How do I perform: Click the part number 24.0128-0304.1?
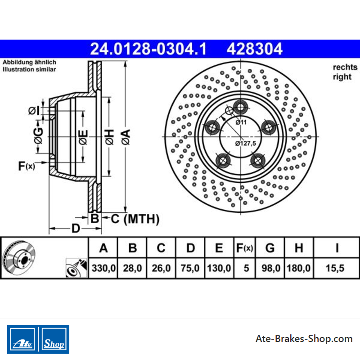coord(148,49)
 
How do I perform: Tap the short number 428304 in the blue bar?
coord(254,49)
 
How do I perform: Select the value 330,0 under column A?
coord(103,268)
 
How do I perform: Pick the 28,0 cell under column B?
coord(132,268)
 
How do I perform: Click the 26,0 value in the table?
coord(161,268)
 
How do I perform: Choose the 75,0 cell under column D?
coord(190,268)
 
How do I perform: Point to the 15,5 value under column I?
coord(335,268)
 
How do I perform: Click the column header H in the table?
coord(299,248)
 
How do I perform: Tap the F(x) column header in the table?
coord(244,248)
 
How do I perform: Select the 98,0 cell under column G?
coord(271,268)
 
